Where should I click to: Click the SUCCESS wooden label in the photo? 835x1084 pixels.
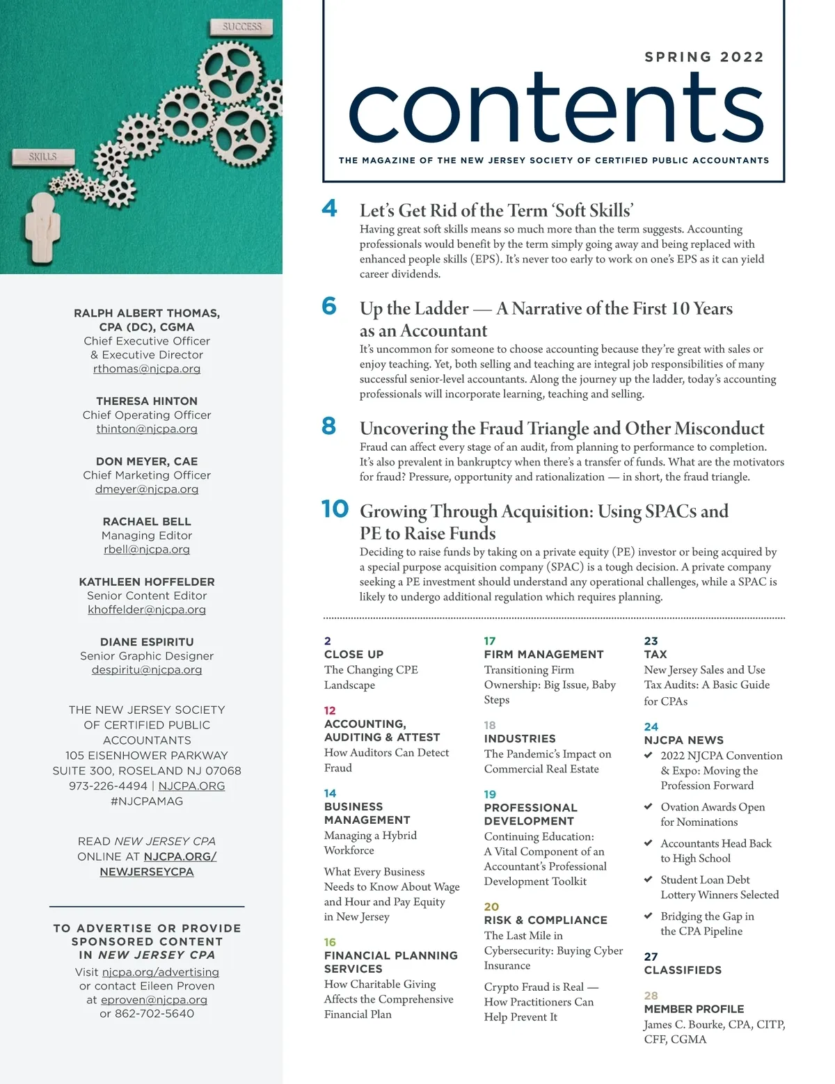click(241, 27)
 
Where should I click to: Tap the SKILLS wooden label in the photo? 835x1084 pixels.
click(43, 157)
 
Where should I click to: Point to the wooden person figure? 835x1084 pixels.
click(42, 227)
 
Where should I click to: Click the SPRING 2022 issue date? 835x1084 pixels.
click(704, 57)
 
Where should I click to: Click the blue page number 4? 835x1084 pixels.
click(330, 208)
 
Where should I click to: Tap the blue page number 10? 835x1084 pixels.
click(335, 509)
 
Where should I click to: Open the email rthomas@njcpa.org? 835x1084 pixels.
click(147, 369)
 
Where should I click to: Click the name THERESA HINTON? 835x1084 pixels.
click(147, 401)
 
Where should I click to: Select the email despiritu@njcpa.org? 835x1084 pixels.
click(147, 669)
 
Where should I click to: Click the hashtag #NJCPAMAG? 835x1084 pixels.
click(147, 801)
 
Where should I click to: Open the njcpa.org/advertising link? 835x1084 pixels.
click(160, 972)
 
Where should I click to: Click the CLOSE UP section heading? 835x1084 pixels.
click(353, 654)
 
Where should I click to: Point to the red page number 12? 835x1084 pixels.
click(330, 710)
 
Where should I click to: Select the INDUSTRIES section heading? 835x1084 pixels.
click(520, 738)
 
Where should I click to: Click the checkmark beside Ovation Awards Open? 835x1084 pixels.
click(649, 806)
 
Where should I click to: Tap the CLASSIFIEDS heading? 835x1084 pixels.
click(683, 970)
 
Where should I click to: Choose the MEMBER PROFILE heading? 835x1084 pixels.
click(694, 1009)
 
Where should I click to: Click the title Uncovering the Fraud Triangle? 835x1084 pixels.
click(562, 428)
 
